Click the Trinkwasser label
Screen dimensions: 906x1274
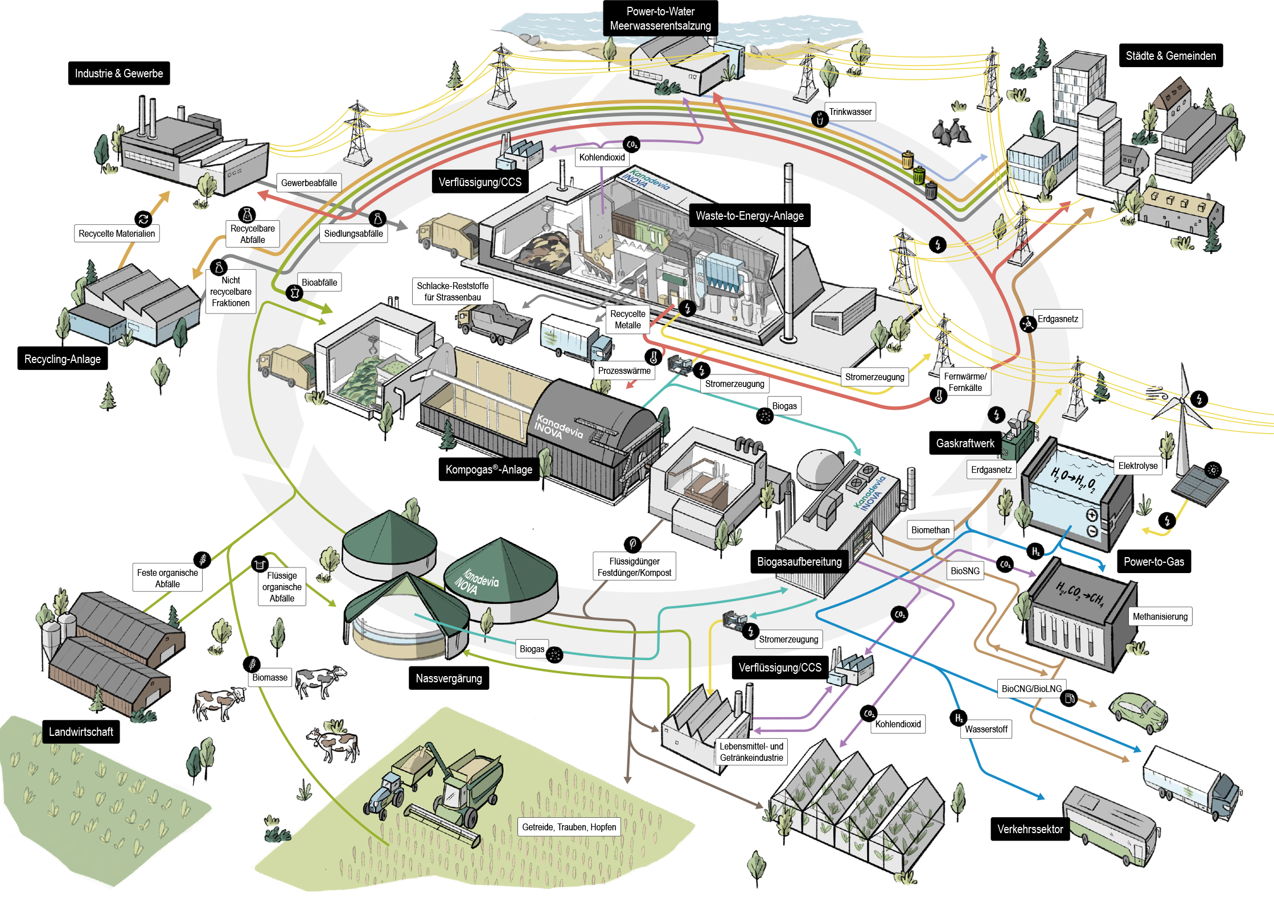tap(850, 112)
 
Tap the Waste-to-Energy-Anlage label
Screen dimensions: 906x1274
tap(749, 216)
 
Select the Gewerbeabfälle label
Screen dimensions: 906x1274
tap(309, 183)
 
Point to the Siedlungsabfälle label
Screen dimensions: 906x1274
tap(353, 233)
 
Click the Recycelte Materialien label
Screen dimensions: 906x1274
tap(117, 233)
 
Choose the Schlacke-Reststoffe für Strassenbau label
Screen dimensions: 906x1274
tap(453, 291)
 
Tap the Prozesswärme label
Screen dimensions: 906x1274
tap(624, 370)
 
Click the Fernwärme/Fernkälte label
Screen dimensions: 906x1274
tap(965, 382)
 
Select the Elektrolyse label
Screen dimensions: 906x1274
tap(1137, 466)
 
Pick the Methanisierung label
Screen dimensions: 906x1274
tap(1160, 616)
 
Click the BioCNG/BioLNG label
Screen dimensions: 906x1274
tap(1031, 689)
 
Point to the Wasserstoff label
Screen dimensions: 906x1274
tap(986, 729)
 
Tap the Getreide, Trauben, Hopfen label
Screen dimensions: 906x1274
tap(569, 827)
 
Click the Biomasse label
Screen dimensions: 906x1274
tap(270, 677)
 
